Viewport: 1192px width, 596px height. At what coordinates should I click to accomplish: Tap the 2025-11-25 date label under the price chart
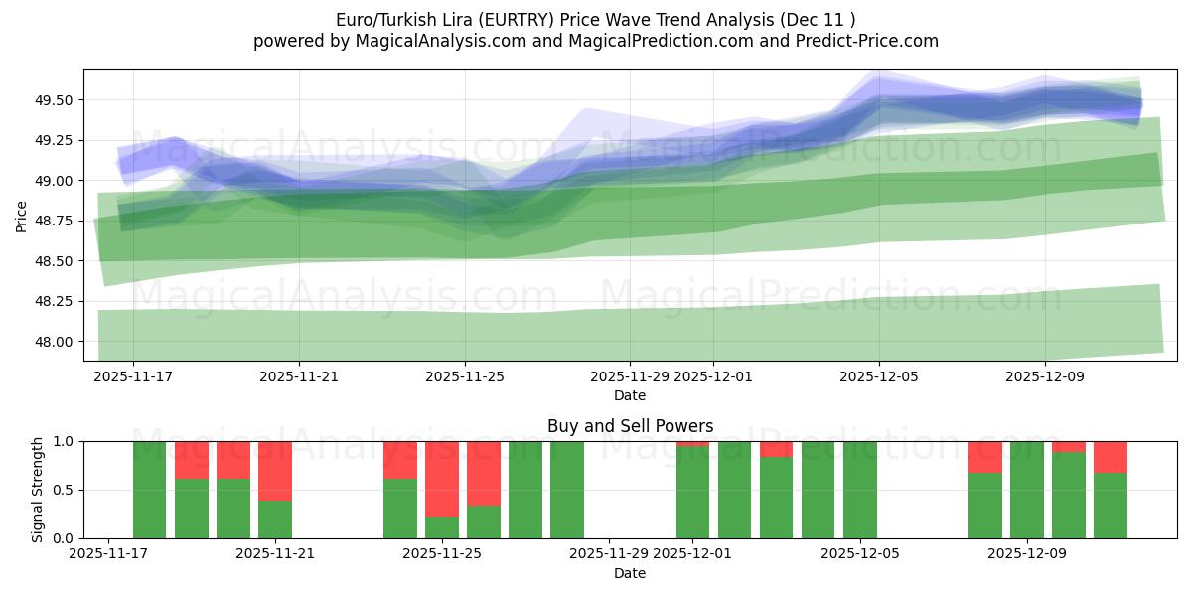click(465, 377)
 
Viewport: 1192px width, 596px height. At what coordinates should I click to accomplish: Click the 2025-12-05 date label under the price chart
click(879, 377)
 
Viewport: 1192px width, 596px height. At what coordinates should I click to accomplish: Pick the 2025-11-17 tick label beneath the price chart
click(133, 377)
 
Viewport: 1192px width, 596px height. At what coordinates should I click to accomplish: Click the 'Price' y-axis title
click(22, 215)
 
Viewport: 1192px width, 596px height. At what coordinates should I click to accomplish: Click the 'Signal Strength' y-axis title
click(37, 490)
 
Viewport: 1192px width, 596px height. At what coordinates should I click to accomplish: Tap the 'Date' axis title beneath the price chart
click(630, 395)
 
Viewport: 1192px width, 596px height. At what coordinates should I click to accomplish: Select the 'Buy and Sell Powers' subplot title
click(630, 426)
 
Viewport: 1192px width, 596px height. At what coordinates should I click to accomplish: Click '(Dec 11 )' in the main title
click(817, 20)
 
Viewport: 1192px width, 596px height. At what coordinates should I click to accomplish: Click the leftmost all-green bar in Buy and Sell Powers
click(150, 490)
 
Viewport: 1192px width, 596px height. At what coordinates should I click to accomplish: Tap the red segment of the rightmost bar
click(1111, 457)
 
